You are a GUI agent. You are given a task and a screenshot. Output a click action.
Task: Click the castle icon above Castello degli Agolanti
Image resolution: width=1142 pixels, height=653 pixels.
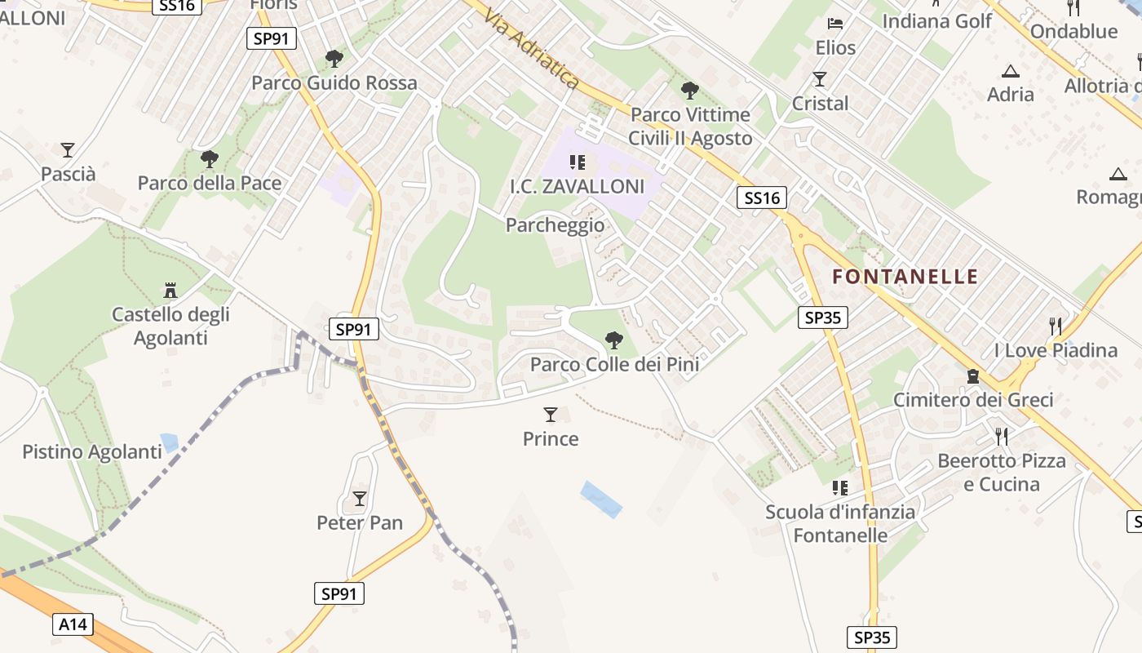coord(170,290)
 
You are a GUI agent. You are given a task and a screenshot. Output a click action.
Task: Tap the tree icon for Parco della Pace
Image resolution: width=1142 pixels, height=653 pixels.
coord(210,158)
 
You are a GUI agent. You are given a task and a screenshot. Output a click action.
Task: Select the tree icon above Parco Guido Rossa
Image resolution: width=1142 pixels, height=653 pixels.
coord(334,59)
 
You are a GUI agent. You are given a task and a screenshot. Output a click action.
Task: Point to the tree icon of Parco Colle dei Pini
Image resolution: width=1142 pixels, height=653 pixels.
coord(614,340)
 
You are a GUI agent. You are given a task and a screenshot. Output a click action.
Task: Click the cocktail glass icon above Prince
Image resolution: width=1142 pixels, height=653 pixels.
coord(551,415)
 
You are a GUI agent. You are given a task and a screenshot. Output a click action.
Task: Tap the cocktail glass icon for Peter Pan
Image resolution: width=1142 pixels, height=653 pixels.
coord(360,498)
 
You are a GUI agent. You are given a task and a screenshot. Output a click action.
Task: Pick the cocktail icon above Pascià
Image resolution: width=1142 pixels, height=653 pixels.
coord(68,150)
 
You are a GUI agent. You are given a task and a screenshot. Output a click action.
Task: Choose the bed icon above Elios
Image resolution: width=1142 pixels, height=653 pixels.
coord(835,24)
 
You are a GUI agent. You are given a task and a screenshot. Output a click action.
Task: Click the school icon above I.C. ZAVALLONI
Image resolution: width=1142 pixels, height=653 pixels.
coord(578,162)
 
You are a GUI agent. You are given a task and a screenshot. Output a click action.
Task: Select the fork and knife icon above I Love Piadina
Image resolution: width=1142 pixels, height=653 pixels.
coord(1056,326)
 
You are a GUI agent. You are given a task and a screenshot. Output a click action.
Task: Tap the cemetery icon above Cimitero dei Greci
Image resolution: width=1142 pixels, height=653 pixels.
coord(972,376)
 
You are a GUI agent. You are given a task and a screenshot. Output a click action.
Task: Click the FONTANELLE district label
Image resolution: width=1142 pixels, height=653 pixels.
coord(905,277)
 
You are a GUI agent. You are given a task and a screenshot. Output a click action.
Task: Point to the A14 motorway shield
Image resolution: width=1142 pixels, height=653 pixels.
coord(73,625)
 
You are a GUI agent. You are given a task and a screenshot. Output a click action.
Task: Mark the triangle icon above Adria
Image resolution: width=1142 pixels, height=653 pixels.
coord(1010,71)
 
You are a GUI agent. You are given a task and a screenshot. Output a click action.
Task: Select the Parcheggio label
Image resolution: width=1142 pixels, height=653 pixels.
coord(556,225)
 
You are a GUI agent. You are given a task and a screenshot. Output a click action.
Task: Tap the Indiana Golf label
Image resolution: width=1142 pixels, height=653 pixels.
coord(937,21)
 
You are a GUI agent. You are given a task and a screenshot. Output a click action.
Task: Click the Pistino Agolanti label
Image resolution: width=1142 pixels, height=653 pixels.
coord(92,451)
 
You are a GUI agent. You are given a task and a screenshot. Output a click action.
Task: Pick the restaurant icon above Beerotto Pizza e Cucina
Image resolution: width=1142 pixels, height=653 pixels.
coord(1002,436)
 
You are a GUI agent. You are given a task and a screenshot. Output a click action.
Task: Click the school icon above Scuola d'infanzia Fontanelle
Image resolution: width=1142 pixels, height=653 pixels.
coord(839,488)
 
